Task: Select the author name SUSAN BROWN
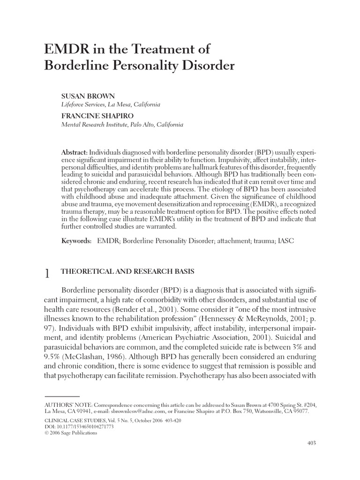tap(88, 96)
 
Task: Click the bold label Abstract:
tap(75, 154)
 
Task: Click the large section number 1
tap(47, 274)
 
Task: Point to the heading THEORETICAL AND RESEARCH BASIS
tap(128, 272)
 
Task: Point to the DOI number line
tap(72, 427)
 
